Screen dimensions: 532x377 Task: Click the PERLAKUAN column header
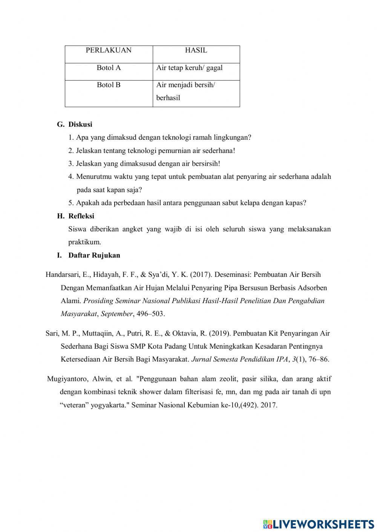(x=109, y=50)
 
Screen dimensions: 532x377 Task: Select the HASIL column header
(x=196, y=50)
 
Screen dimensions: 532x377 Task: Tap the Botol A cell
(x=109, y=68)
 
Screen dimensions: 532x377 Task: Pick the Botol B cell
(x=109, y=85)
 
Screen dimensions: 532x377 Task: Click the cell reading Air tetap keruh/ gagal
(x=189, y=68)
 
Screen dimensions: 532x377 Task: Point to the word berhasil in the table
(x=168, y=98)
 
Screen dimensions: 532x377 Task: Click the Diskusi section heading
(x=80, y=124)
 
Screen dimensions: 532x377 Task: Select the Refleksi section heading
(x=81, y=216)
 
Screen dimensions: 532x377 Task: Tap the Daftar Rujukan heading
(x=94, y=255)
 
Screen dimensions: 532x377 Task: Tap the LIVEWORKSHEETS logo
(x=319, y=524)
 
